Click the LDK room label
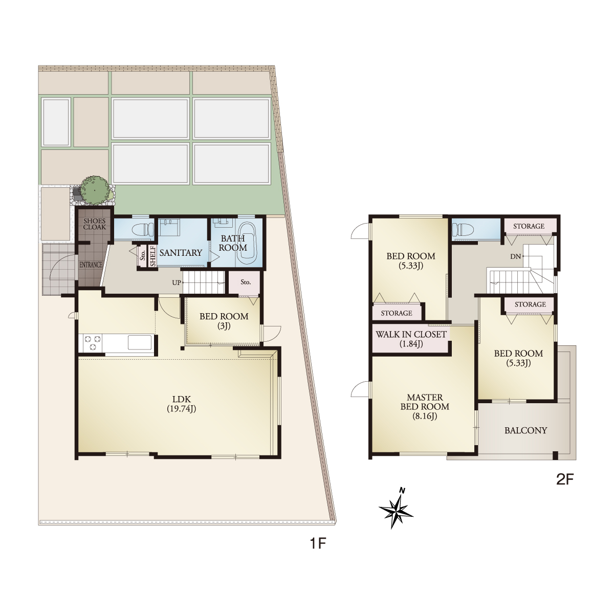(181, 404)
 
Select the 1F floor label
(318, 543)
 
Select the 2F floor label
(564, 479)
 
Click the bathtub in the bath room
(247, 242)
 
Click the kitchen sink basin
(140, 343)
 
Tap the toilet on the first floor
(143, 229)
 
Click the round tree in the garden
(94, 190)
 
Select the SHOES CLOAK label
(94, 224)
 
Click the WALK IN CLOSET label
(411, 339)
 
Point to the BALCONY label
(526, 430)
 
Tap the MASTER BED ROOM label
(425, 407)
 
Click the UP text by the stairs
(176, 282)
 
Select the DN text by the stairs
(515, 256)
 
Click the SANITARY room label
(181, 253)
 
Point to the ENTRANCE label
(91, 265)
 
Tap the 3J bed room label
(224, 321)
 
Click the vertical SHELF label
(153, 256)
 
